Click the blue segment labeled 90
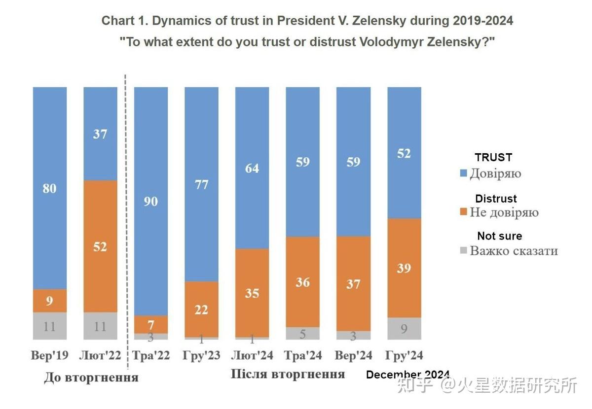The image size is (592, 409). [151, 201]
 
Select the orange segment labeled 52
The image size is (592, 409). [100, 246]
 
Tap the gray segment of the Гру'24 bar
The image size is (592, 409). [404, 328]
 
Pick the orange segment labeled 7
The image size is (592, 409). [151, 324]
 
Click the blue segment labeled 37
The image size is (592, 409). [100, 134]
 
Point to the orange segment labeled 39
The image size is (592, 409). [404, 268]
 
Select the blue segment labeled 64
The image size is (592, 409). [252, 168]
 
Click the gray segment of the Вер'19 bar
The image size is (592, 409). [50, 326]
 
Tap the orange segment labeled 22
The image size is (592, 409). [201, 309]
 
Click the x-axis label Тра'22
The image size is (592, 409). [151, 355]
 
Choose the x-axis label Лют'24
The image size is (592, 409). [252, 355]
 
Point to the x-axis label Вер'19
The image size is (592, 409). [50, 355]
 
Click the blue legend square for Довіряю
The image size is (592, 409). [464, 173]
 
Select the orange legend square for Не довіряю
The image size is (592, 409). [464, 212]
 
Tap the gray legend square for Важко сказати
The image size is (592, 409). [464, 251]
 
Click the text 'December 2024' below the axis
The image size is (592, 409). [407, 375]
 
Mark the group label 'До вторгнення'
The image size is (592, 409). [91, 378]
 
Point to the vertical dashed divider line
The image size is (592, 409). [125, 222]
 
